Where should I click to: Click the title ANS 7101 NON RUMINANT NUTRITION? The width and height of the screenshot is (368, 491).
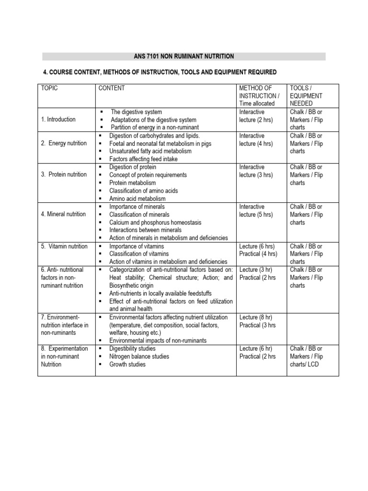point(184,57)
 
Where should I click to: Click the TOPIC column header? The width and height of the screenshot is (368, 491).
point(49,88)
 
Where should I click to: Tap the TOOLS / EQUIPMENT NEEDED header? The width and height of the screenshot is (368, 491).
point(306,96)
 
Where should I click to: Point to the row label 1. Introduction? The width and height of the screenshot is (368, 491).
point(58,119)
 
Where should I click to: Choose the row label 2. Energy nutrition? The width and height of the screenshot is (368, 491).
point(64,143)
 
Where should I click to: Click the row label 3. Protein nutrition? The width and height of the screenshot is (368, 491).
point(64,175)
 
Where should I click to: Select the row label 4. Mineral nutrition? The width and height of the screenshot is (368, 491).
point(63,214)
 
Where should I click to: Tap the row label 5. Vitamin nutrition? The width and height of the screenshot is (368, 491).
point(64,246)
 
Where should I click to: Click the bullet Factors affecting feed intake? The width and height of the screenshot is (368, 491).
point(143,159)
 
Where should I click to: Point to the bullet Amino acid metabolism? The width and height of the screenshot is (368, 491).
point(137,199)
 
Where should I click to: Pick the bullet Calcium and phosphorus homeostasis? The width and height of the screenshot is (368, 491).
point(155,222)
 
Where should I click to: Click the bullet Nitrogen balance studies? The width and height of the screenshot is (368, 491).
point(139,357)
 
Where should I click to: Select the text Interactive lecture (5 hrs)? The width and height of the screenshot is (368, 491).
point(256,210)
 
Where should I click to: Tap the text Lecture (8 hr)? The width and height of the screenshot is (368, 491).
point(256,317)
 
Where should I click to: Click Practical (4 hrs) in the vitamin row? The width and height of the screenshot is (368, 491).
point(258,254)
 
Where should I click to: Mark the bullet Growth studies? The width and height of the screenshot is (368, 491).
point(127,364)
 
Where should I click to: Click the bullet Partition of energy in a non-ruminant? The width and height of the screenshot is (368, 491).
point(154,128)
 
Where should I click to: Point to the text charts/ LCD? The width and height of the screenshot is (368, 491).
point(304,364)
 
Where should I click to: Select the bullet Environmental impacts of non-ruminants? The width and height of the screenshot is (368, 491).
point(158,340)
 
